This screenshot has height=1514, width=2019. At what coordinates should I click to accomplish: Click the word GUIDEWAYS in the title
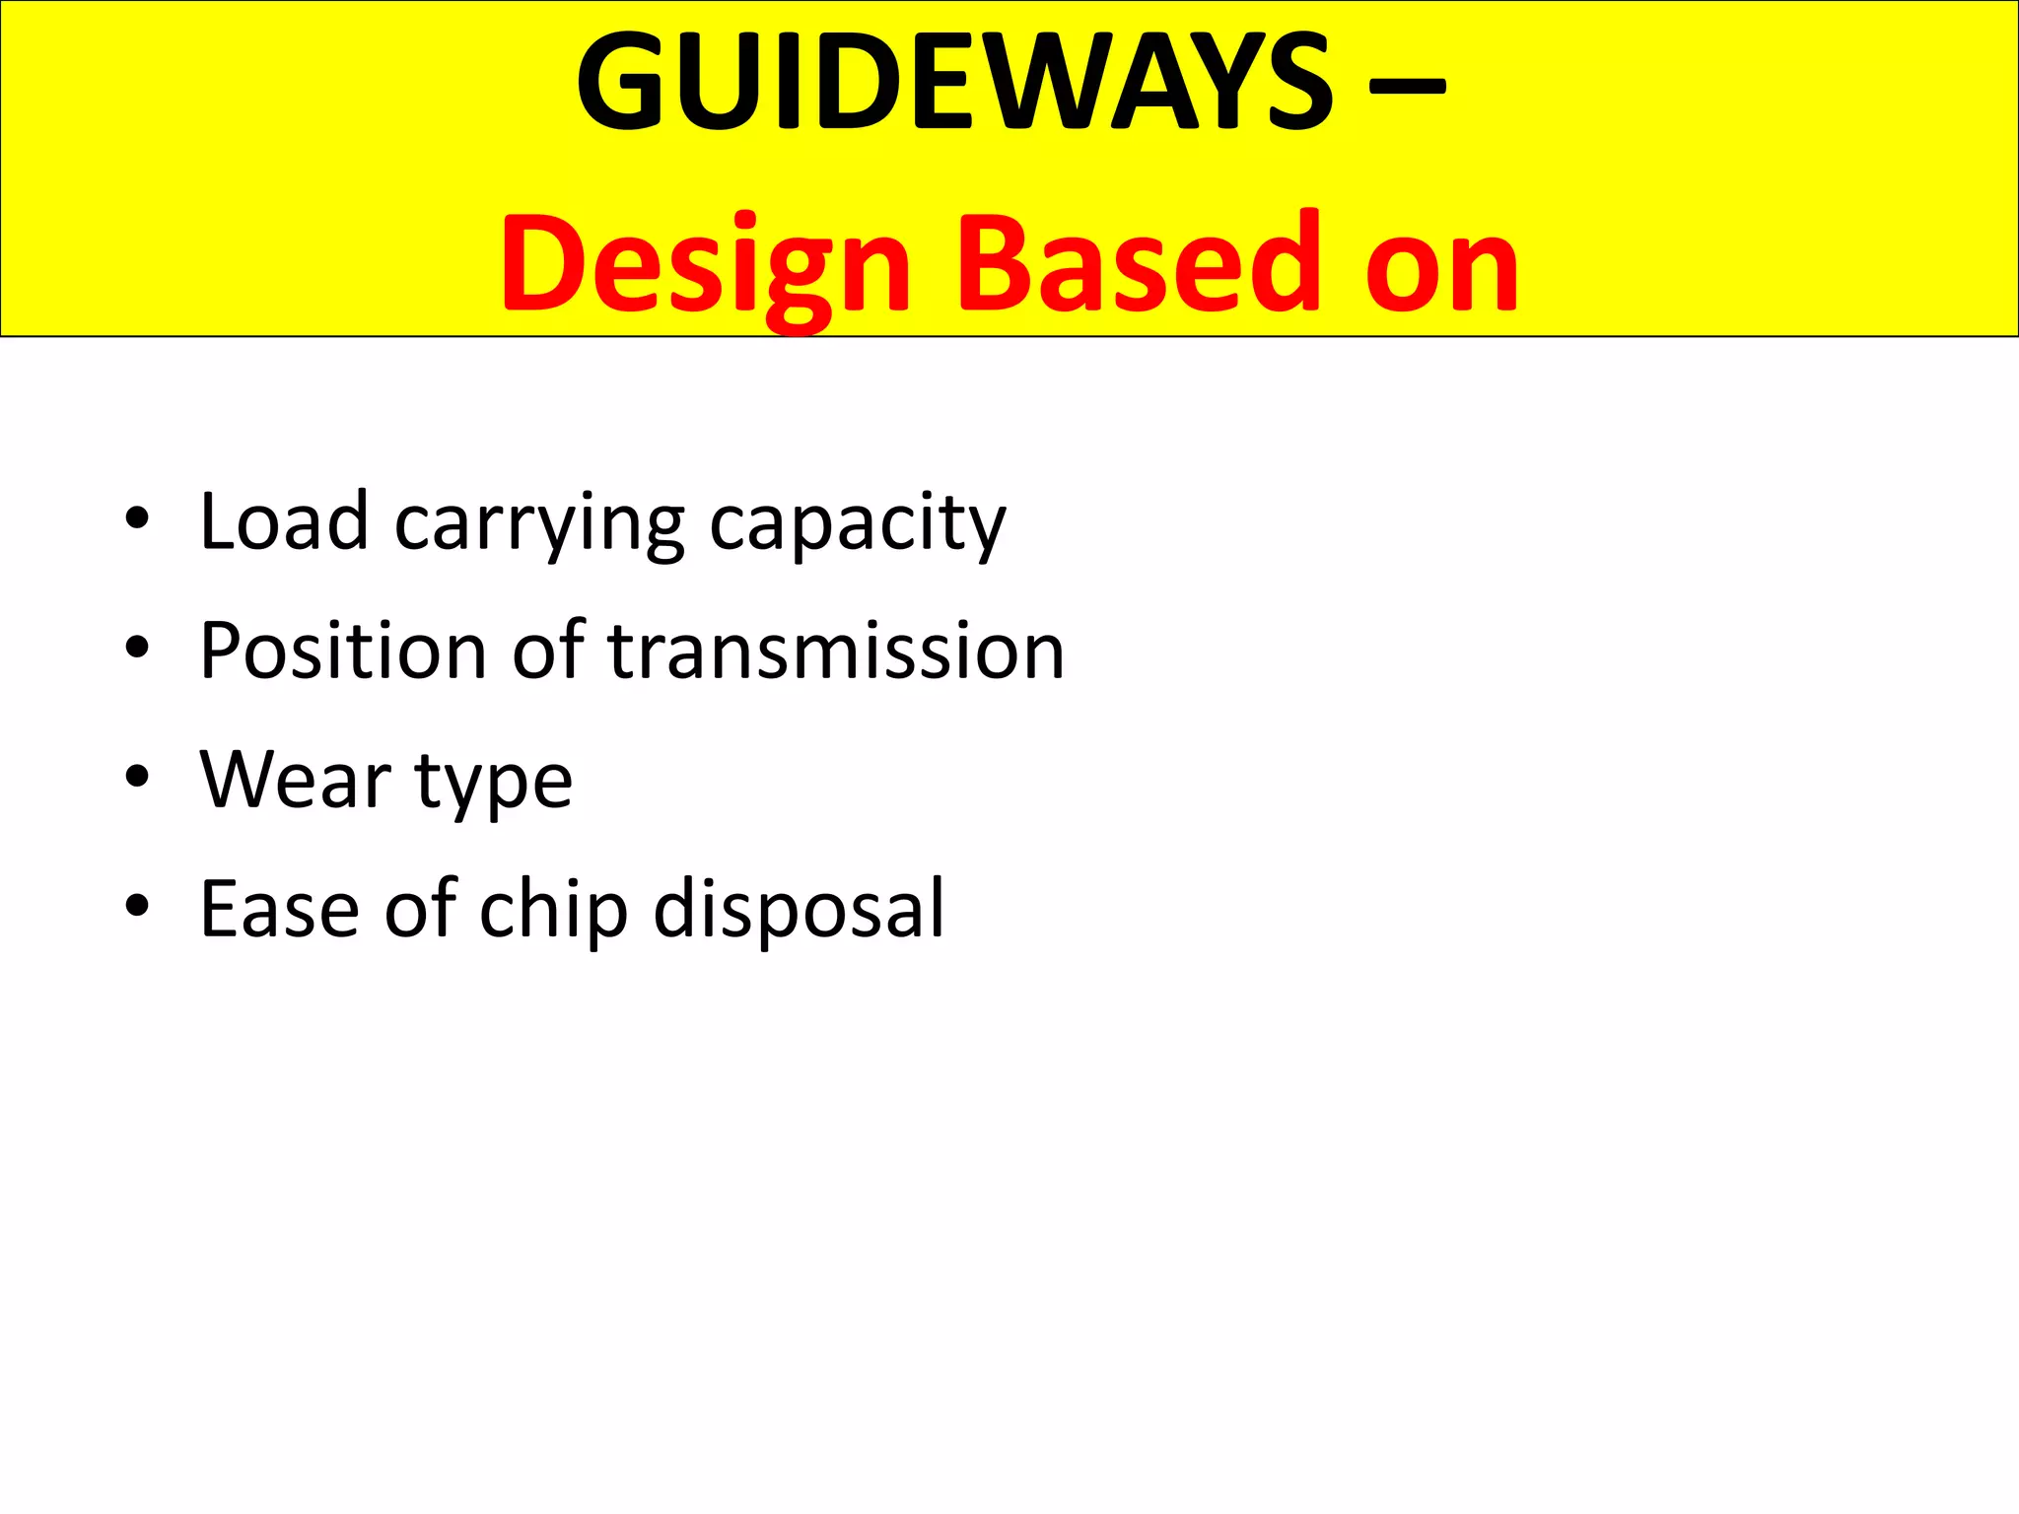pyautogui.click(x=954, y=83)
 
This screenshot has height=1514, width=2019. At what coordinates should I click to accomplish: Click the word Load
pyautogui.click(x=284, y=521)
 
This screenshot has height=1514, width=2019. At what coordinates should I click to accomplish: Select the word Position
pyautogui.click(x=343, y=652)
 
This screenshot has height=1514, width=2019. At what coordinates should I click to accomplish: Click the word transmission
pyautogui.click(x=836, y=652)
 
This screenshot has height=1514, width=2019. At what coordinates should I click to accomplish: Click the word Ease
pyautogui.click(x=280, y=909)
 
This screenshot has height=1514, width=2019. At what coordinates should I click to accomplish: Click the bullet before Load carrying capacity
pyautogui.click(x=137, y=518)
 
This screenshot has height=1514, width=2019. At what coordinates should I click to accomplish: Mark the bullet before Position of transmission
pyautogui.click(x=137, y=648)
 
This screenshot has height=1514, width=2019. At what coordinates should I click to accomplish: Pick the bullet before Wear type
pyautogui.click(x=137, y=777)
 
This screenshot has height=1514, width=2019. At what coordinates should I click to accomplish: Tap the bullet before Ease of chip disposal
pyautogui.click(x=137, y=906)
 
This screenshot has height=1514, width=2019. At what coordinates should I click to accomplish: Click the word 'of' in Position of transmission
pyautogui.click(x=548, y=650)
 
